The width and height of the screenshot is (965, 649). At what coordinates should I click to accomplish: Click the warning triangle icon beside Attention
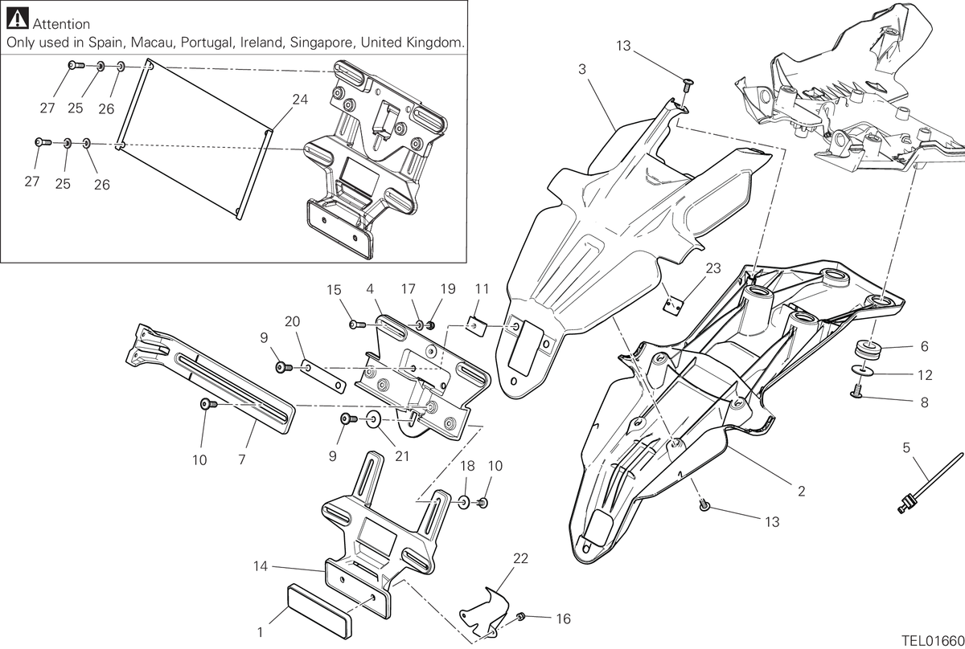[x=18, y=18]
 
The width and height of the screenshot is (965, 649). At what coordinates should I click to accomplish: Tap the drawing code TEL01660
[x=933, y=641]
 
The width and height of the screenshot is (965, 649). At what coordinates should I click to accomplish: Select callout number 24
[x=300, y=100]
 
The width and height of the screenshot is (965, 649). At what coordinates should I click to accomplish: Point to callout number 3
[x=582, y=69]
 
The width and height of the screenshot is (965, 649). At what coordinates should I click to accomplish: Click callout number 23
[x=713, y=268]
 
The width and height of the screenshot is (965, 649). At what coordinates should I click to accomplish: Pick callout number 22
[x=520, y=558]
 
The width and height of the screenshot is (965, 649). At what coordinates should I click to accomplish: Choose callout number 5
[x=906, y=447]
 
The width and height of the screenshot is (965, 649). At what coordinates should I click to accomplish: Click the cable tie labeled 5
[x=930, y=483]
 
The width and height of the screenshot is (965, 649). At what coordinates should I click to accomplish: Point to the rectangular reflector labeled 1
[x=318, y=611]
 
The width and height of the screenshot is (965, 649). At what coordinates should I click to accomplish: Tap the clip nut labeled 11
[x=477, y=327]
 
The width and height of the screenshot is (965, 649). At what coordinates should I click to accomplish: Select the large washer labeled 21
[x=373, y=419]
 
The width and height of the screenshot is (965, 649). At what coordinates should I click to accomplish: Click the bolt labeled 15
[x=358, y=325]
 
